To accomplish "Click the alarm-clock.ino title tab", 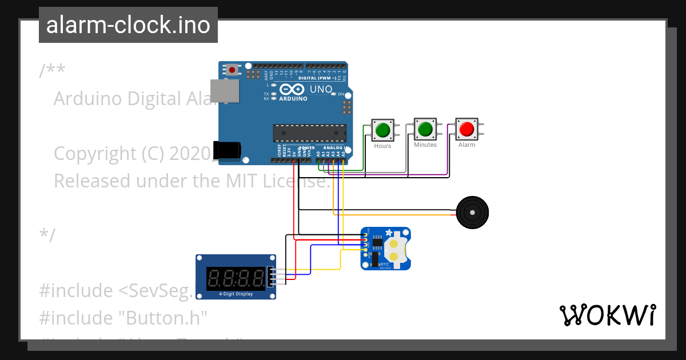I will coord(128,26).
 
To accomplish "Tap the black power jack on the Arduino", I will coord(226,150).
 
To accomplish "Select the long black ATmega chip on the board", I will coord(309,133).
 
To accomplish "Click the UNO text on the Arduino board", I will coord(320,89).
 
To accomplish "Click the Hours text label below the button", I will coord(382,146).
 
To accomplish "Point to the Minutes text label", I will coord(425,145).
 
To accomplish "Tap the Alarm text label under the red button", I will coord(466,145).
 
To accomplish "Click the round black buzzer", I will coord(472,212).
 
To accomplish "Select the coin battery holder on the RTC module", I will coord(395,249).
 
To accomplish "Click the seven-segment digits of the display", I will coord(236,278).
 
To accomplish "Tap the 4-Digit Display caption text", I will coord(236,294).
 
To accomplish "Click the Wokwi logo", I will coord(607,315).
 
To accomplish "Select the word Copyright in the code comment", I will coord(93,154).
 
